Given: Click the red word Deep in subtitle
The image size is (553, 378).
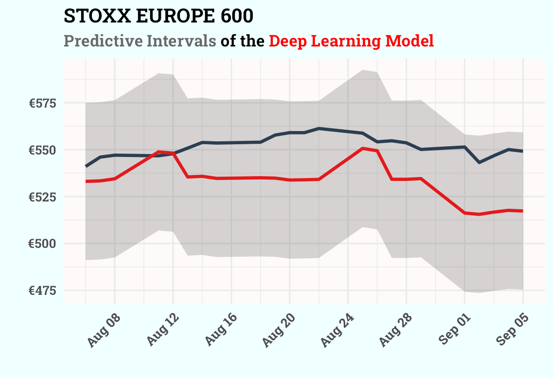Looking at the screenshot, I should [x=288, y=41].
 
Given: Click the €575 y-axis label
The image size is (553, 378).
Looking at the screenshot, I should [x=43, y=103].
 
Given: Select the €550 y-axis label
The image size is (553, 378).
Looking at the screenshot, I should [x=43, y=150].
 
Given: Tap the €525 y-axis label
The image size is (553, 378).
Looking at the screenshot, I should [x=43, y=197].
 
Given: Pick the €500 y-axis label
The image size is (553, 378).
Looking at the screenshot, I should [x=43, y=244].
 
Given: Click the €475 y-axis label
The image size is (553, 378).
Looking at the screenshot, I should [x=43, y=290].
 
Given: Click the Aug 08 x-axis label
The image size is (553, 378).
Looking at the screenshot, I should [x=104, y=331].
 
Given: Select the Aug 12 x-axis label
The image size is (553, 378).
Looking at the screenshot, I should [x=162, y=331].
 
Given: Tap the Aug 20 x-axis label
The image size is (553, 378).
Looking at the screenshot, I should [x=279, y=331].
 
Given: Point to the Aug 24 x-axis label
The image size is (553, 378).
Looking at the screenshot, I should [x=337, y=331].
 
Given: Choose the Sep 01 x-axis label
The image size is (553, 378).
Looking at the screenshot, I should [x=454, y=331].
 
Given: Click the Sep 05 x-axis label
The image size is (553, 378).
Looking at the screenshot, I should [x=512, y=331].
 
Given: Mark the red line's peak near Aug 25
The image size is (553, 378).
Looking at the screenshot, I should [x=362, y=148].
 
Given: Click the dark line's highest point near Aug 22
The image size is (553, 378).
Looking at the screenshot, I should [x=319, y=128].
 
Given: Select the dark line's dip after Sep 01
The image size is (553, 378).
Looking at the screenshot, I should [x=479, y=162].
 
